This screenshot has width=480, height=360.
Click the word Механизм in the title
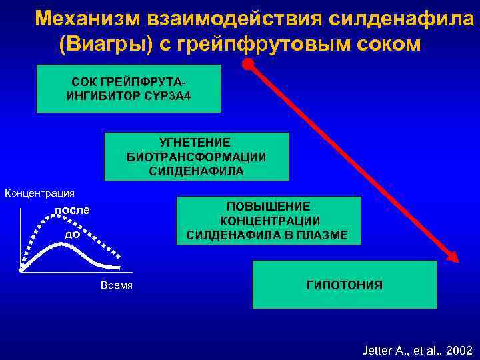pyautogui.click(x=79, y=18)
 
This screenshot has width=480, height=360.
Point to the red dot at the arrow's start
pyautogui.click(x=248, y=65)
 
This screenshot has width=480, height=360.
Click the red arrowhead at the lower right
pyautogui.click(x=453, y=257)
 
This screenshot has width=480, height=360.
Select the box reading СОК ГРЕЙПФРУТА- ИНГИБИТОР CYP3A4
pyautogui.click(x=129, y=89)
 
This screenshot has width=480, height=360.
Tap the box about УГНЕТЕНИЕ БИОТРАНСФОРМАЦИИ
pyautogui.click(x=196, y=157)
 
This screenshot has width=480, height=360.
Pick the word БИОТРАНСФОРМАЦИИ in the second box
pyautogui.click(x=196, y=157)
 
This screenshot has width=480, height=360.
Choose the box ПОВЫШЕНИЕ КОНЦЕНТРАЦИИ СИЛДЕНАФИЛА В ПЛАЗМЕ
pyautogui.click(x=267, y=220)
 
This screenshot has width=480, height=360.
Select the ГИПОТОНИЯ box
pyautogui.click(x=344, y=285)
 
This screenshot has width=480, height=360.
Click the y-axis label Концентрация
pyautogui.click(x=39, y=193)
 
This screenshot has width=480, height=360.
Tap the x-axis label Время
pyautogui.click(x=117, y=285)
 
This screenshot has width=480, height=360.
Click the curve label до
pyautogui.click(x=73, y=234)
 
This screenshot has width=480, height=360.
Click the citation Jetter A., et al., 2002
pyautogui.click(x=417, y=349)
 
